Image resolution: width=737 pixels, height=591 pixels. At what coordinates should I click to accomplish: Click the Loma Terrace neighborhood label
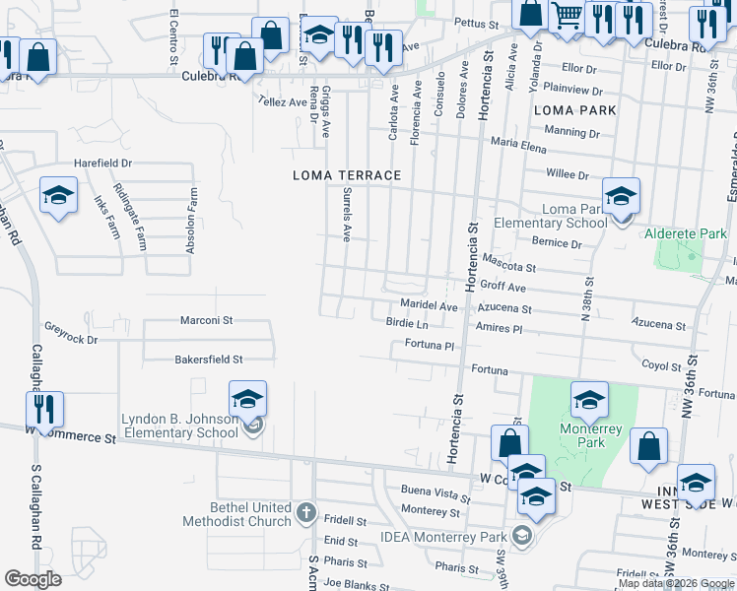(x=347, y=175)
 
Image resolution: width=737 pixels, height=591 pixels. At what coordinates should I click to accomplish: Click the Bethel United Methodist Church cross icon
(x=305, y=512)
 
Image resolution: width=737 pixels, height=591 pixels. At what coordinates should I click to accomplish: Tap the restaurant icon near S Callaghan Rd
(x=44, y=410)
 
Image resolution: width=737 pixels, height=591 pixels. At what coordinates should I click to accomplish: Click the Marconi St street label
(x=206, y=320)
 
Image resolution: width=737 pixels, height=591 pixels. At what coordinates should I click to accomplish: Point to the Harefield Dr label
(x=100, y=163)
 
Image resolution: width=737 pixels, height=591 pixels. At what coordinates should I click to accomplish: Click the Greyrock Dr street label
(x=72, y=339)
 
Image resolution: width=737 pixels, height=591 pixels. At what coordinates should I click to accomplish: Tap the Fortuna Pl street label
(x=428, y=346)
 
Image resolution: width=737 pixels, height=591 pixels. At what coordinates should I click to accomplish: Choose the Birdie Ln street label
(x=407, y=323)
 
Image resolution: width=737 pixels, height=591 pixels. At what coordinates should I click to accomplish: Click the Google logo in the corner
(x=33, y=579)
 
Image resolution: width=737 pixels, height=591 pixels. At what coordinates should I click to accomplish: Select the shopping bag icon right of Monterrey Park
(x=649, y=446)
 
